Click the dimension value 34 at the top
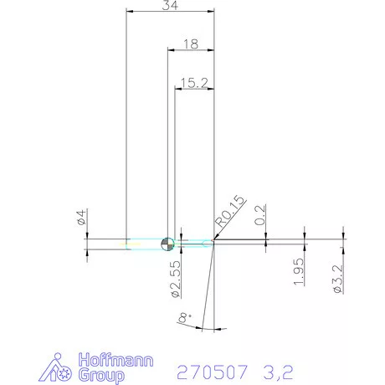170,6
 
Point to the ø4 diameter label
81,218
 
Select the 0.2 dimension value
259,213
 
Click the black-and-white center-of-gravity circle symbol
167,244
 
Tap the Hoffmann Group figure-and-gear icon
58,368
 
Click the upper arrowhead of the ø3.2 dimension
343,235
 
